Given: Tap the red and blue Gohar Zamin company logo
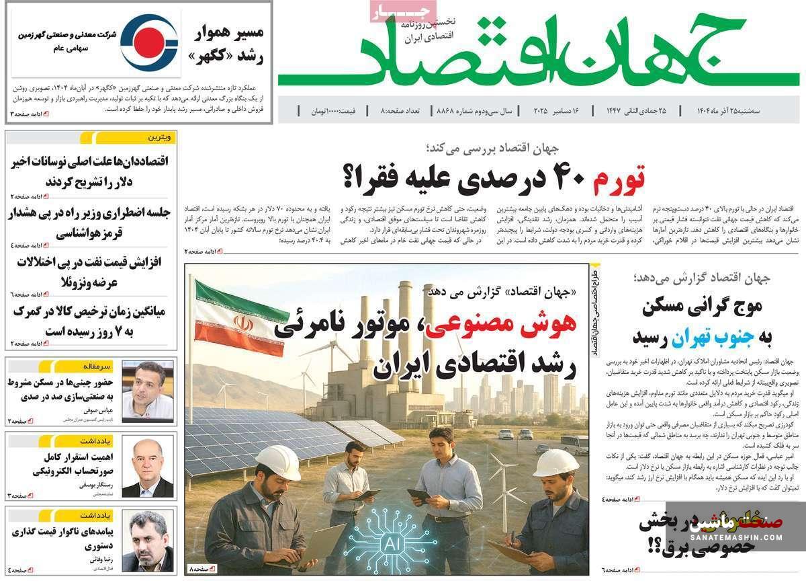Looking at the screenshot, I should click(149, 42).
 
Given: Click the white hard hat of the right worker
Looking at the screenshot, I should click(555, 462).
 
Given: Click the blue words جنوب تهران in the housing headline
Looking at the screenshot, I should click(699, 336).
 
